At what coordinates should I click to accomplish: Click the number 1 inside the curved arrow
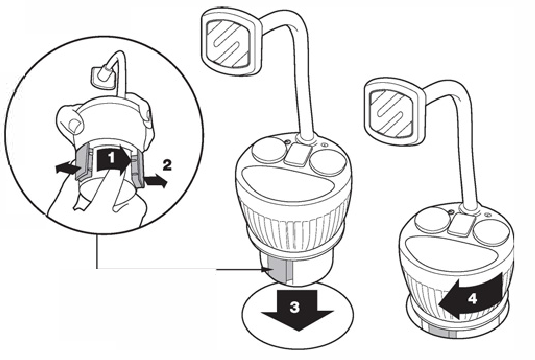click(111, 158)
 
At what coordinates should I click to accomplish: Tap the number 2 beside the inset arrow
click(167, 166)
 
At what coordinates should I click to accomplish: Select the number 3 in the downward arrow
click(295, 307)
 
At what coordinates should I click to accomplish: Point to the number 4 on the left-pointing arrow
click(472, 299)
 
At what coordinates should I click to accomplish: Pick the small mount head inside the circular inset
click(101, 78)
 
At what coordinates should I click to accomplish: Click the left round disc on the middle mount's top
click(268, 152)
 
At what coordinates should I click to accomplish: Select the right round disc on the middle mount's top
click(327, 162)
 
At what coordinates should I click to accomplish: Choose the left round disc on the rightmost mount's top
click(431, 219)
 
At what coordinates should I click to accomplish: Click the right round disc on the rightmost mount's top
click(489, 231)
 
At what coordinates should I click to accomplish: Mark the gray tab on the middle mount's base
click(280, 270)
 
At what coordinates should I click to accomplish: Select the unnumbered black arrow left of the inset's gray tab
click(69, 168)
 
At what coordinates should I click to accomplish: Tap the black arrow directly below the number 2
click(156, 181)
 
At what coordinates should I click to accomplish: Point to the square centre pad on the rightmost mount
click(461, 225)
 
